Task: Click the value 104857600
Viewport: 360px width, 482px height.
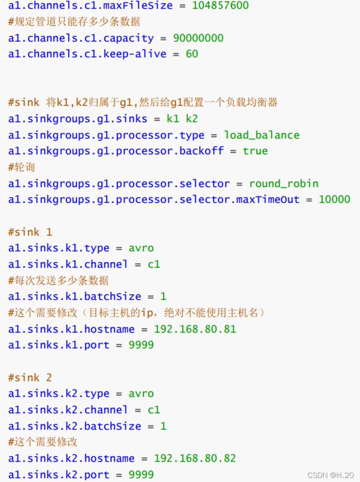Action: click(220, 6)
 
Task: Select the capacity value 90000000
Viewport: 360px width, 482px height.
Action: click(198, 38)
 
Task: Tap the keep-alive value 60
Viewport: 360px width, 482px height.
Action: click(192, 54)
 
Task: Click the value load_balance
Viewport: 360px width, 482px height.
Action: click(262, 135)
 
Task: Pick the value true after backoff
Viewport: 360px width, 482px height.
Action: click(255, 151)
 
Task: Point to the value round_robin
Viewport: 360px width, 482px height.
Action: click(283, 184)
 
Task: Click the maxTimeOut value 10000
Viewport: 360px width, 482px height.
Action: click(334, 199)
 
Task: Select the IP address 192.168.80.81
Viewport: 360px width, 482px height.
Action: click(195, 329)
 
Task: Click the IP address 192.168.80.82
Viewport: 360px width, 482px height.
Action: click(195, 459)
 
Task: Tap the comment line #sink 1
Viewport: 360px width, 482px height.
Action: click(30, 232)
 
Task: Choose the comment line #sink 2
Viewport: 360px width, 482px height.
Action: click(30, 378)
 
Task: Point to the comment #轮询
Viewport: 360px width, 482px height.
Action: click(21, 167)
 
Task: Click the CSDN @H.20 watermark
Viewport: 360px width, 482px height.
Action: click(331, 475)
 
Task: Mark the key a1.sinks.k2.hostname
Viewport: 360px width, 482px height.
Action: click(71, 459)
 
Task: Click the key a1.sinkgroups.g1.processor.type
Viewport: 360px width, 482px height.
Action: click(106, 135)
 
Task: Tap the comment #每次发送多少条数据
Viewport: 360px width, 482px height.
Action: click(59, 280)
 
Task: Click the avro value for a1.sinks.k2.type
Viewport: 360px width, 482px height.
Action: click(141, 394)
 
